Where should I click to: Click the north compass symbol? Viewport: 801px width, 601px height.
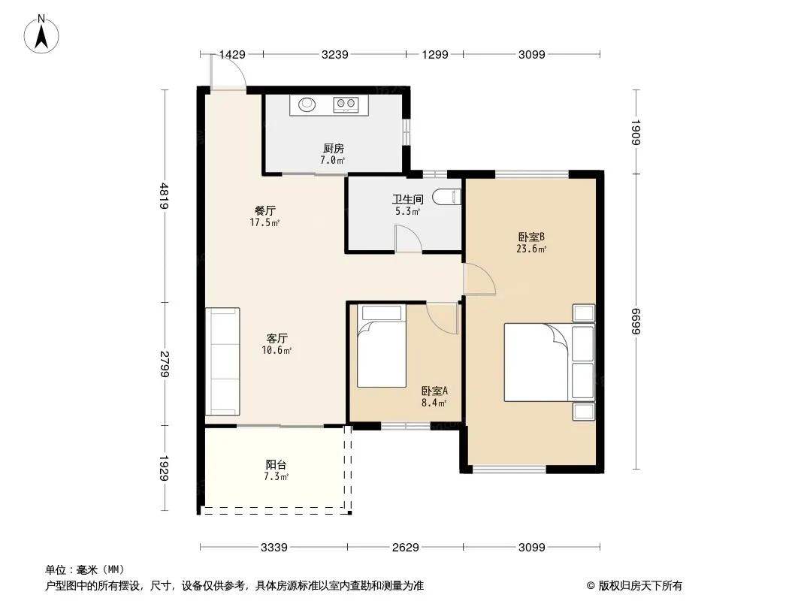[x=41, y=35]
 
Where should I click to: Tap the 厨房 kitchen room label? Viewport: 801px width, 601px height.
[x=333, y=149]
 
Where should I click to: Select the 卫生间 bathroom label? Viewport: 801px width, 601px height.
[x=408, y=199]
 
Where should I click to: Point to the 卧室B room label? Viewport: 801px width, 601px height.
[x=531, y=237]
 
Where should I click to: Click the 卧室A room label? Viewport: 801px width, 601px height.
[x=434, y=391]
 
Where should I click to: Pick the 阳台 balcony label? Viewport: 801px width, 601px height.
[x=276, y=465]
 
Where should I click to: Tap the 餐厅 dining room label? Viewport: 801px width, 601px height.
[x=265, y=210]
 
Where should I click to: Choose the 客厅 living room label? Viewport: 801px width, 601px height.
[x=277, y=338]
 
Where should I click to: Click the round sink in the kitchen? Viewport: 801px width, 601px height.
[x=307, y=104]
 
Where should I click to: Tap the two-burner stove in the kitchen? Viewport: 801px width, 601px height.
[x=346, y=104]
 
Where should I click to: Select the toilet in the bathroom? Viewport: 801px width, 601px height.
[x=446, y=197]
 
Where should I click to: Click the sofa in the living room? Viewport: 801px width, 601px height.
[x=222, y=361]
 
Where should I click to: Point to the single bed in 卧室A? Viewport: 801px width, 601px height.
[x=382, y=346]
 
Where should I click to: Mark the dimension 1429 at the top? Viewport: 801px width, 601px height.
[x=232, y=54]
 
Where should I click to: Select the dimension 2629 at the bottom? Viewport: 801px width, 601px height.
[x=406, y=548]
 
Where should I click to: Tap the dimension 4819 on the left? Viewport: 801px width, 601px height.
[x=164, y=195]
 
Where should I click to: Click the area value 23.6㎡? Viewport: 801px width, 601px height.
[x=531, y=249]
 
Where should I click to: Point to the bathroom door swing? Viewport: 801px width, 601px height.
[x=408, y=238]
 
